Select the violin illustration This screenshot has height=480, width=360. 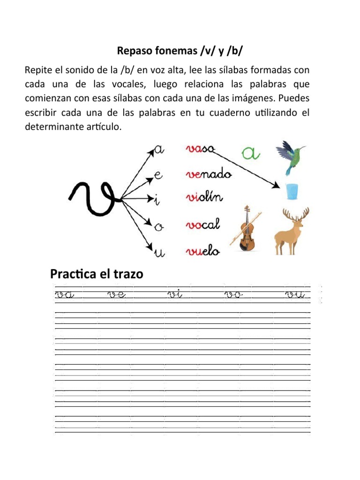coord(246,228)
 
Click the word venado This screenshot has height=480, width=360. coord(209,174)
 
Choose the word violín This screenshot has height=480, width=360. coord(205,200)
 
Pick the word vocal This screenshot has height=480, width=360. coord(202,226)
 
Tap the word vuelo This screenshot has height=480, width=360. coord(202,251)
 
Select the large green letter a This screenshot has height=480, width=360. coord(251,152)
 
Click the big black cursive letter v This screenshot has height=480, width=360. coord(96,197)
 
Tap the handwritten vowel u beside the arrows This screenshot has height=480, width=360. coord(159,253)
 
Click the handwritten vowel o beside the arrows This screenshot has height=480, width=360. coord(159,227)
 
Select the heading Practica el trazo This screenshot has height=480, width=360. coord(96,273)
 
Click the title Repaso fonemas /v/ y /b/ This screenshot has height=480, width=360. coord(180,50)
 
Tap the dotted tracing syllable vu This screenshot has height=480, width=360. coord(295,295)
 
